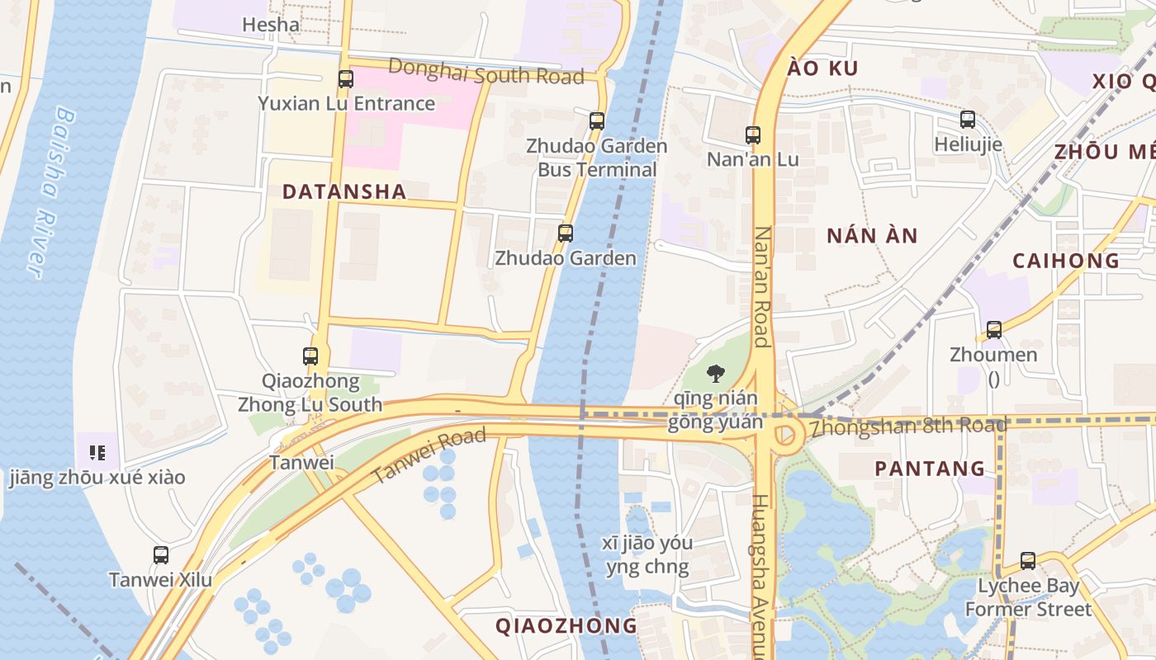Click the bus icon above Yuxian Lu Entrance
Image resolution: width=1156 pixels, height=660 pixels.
[346, 79]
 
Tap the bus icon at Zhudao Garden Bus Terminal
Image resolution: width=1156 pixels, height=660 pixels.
[597, 121]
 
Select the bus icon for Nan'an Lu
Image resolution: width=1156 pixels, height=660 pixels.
[753, 135]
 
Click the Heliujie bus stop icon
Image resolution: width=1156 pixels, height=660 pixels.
[968, 120]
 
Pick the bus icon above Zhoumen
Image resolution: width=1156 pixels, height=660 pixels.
[994, 330]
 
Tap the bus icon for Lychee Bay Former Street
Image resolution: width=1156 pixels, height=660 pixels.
[1028, 561]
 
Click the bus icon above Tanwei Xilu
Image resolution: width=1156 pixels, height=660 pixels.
[161, 555]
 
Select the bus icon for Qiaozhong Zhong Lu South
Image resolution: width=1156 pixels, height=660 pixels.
[310, 356]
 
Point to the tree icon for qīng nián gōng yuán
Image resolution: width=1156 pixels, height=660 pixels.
[715, 374]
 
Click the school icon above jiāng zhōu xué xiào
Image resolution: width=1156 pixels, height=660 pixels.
[97, 452]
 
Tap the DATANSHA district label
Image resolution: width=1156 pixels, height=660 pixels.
[344, 192]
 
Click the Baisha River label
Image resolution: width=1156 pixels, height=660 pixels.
[51, 191]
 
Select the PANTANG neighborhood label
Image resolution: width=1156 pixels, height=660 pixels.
[930, 469]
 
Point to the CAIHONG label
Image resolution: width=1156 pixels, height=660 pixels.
[1066, 261]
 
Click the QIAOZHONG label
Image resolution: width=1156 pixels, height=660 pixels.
[566, 625]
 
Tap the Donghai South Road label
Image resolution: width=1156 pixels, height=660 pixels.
[486, 72]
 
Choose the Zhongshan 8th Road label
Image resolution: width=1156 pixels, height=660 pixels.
[908, 427]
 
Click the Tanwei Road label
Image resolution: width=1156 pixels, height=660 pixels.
[428, 456]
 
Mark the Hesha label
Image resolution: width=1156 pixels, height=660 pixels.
[271, 25]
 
